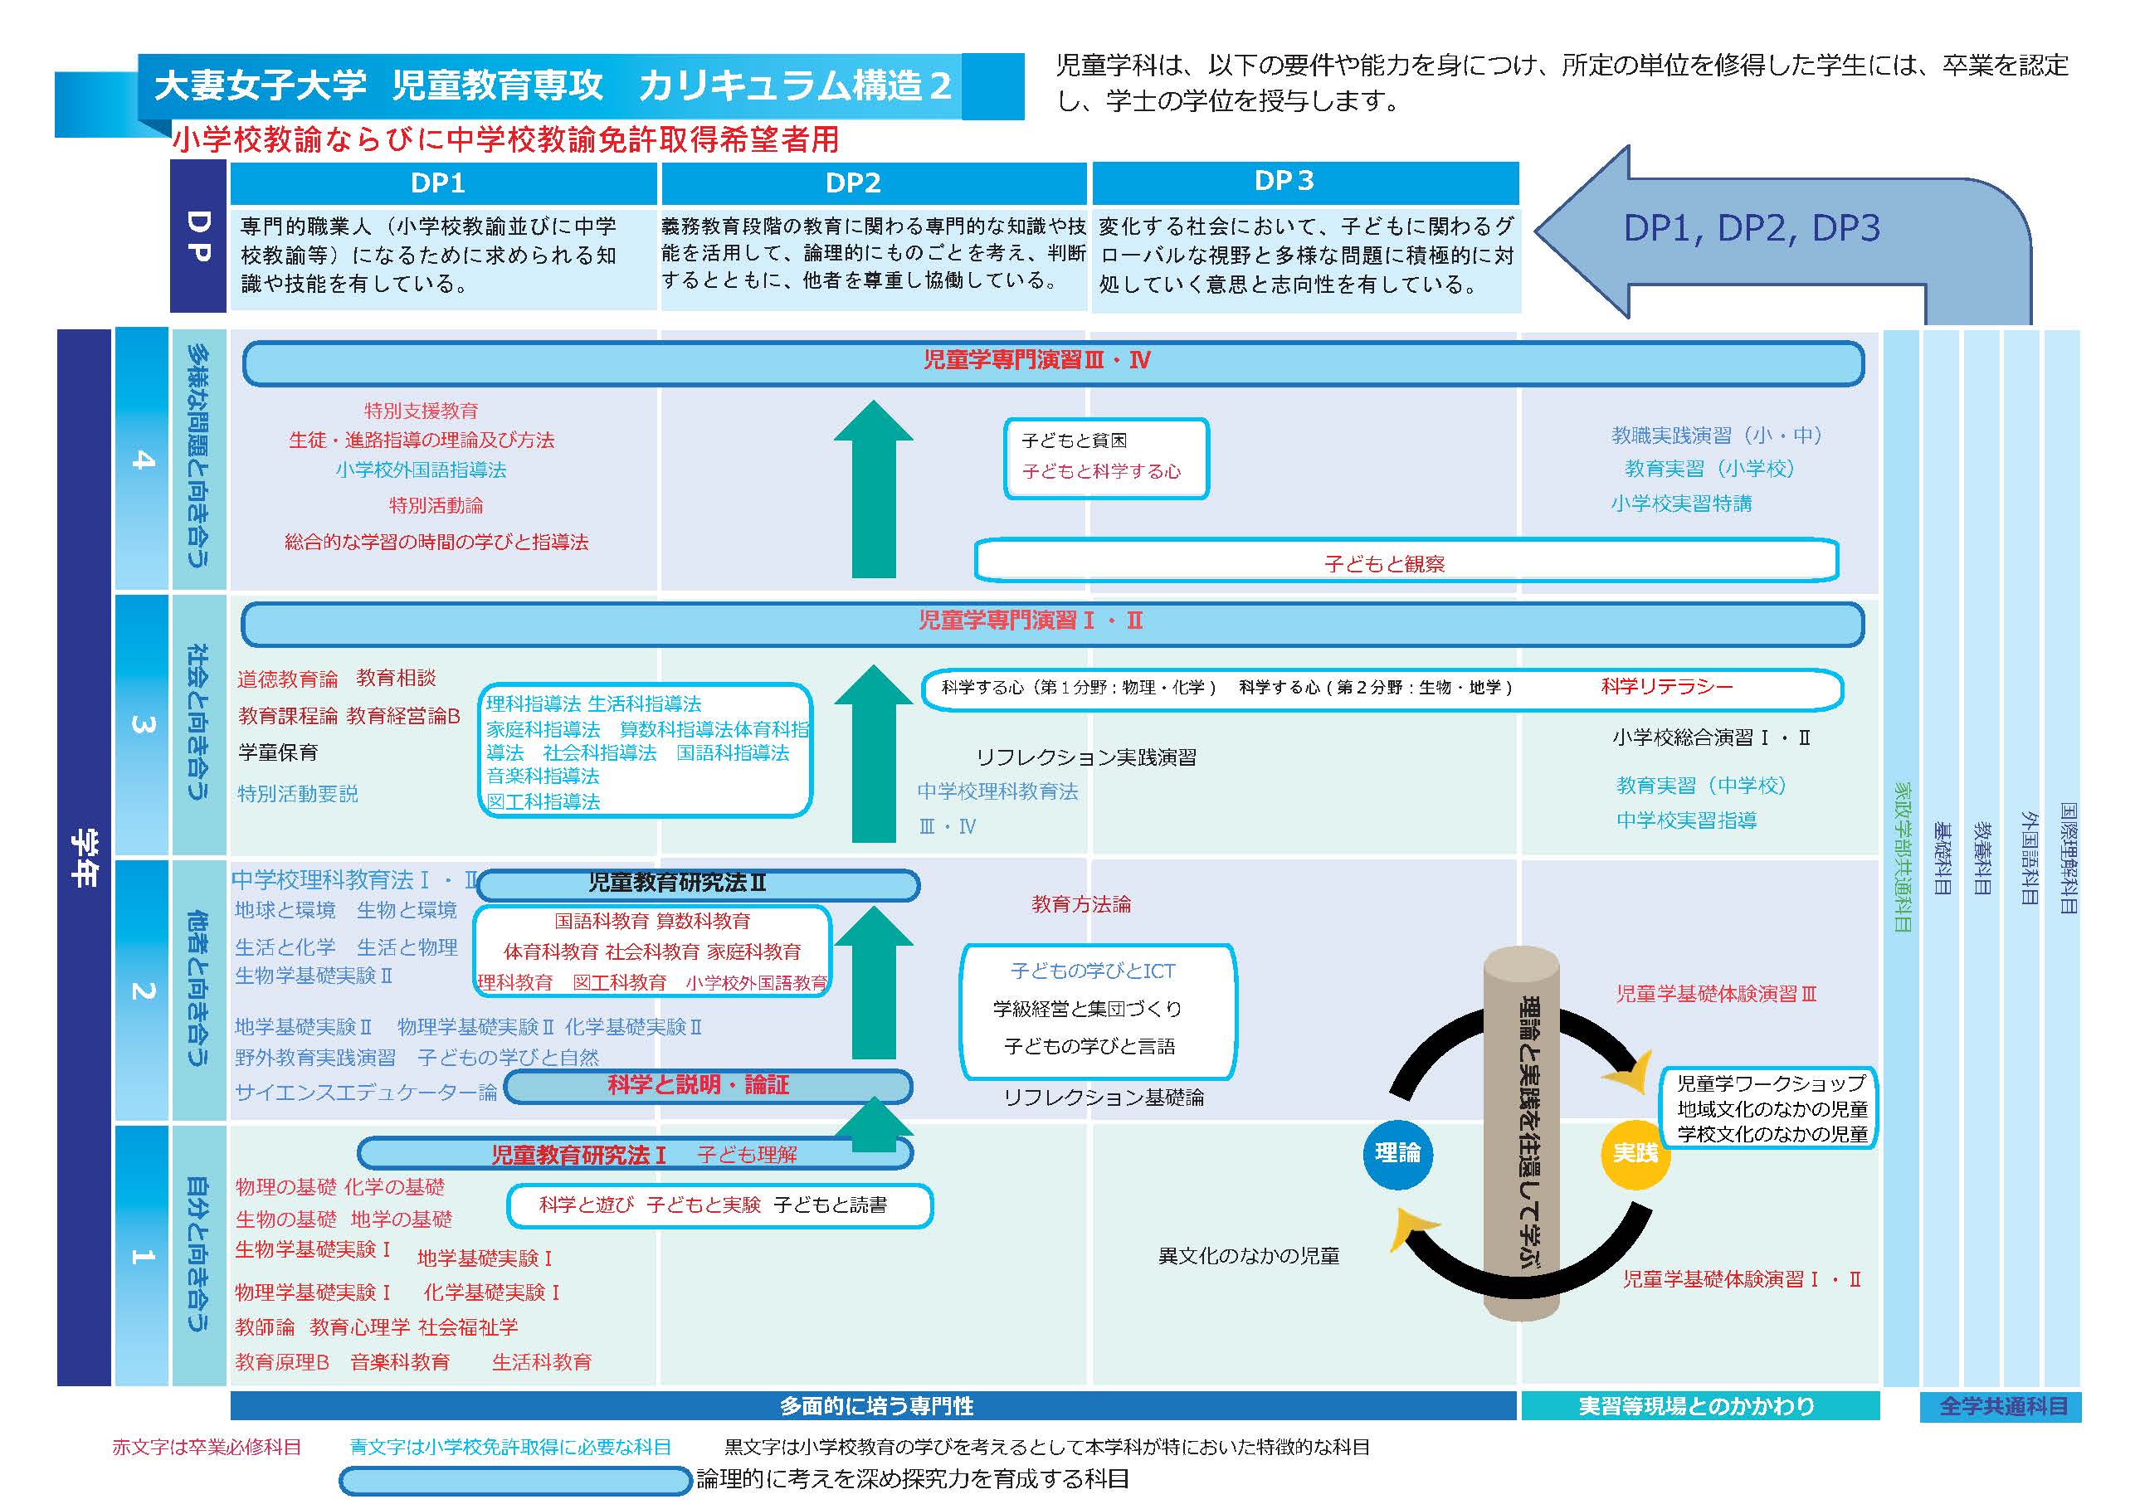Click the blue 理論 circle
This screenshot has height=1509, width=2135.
pos(1397,1153)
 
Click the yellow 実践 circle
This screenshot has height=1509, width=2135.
pos(1635,1153)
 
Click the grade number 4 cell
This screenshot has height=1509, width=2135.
pos(141,459)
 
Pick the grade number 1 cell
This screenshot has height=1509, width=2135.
pos(141,1255)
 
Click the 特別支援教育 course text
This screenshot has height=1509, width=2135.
pos(421,410)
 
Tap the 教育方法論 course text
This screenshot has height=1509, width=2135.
pos(1080,903)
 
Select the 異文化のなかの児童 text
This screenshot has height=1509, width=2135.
pos(1248,1256)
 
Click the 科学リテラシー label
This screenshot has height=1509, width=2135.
pos(1666,687)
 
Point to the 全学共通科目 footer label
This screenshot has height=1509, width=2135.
pos(2001,1406)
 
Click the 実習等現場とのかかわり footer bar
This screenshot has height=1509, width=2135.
pos(1698,1406)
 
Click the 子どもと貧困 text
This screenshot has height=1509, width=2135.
pos(1075,440)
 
